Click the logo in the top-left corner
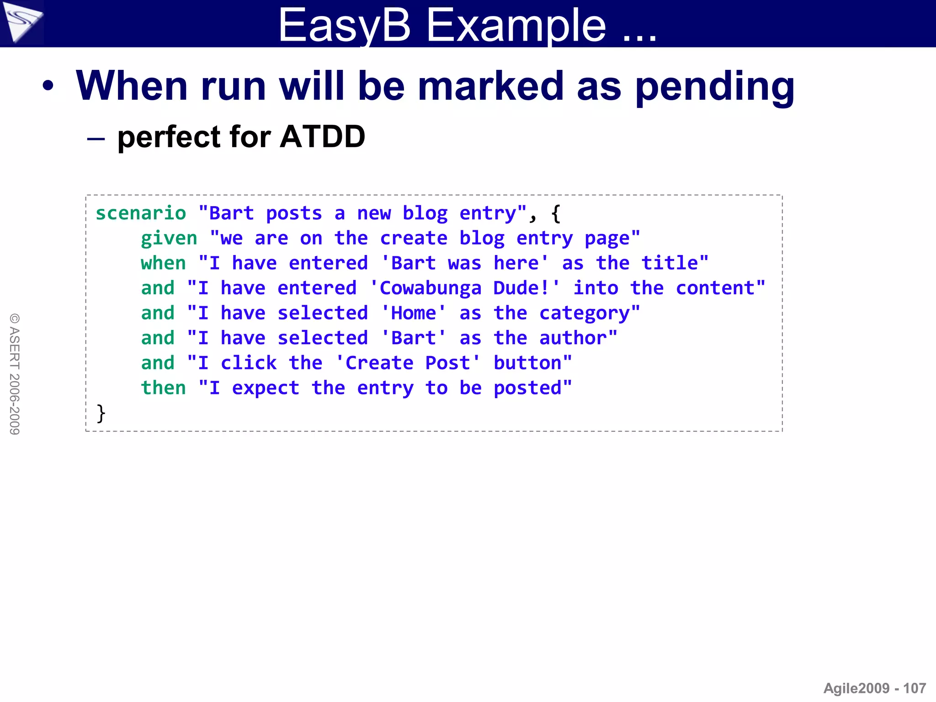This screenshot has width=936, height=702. (21, 21)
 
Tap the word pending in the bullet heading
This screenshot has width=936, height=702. (715, 87)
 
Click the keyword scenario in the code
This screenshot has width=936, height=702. (141, 213)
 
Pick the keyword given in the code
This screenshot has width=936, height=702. (169, 239)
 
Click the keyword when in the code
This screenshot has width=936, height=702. (163, 263)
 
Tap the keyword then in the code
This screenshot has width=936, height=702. (163, 388)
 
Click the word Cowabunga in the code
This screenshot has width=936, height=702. (430, 288)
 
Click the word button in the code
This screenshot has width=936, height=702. (527, 363)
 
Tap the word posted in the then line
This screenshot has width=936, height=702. (527, 388)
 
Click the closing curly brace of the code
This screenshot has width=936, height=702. (101, 413)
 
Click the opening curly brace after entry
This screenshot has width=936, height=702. (556, 213)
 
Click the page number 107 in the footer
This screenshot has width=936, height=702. (915, 688)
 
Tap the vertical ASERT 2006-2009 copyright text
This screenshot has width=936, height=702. (15, 374)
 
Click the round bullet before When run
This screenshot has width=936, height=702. (48, 86)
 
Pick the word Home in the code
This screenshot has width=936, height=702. (414, 314)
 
